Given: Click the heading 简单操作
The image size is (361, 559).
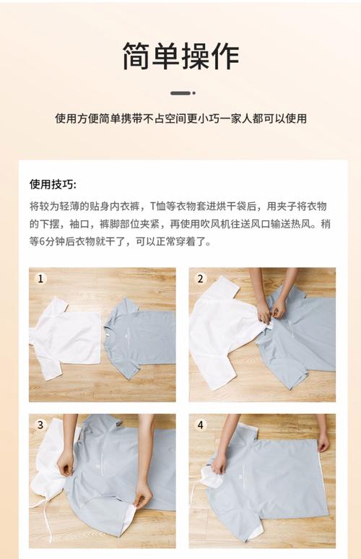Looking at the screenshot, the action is pyautogui.click(x=180, y=56).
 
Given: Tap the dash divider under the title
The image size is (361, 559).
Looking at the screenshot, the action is pyautogui.click(x=183, y=93).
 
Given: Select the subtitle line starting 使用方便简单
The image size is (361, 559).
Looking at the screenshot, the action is pyautogui.click(x=180, y=118).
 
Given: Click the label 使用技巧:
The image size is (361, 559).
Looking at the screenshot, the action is pyautogui.click(x=53, y=184).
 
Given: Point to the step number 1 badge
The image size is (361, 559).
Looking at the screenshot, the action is pyautogui.click(x=40, y=279).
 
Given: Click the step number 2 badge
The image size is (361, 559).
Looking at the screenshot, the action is pyautogui.click(x=200, y=279).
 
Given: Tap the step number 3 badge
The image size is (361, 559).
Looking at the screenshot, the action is pyautogui.click(x=40, y=425).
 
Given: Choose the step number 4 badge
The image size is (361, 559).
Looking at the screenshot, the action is pyautogui.click(x=200, y=425).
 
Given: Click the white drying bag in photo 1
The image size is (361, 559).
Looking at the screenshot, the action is pyautogui.click(x=66, y=337).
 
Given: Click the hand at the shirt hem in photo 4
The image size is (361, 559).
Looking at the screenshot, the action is pyautogui.click(x=323, y=443).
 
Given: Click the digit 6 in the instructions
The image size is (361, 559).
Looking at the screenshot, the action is pyautogui.click(x=41, y=242).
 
